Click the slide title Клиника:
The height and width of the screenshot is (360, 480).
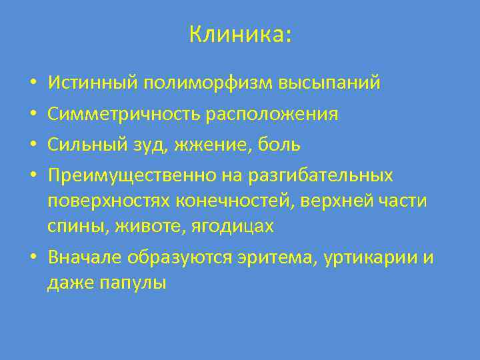(240, 34)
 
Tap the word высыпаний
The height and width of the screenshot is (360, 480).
(339, 83)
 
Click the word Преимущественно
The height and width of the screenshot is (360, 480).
(131, 175)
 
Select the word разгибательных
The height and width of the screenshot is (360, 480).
(321, 175)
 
